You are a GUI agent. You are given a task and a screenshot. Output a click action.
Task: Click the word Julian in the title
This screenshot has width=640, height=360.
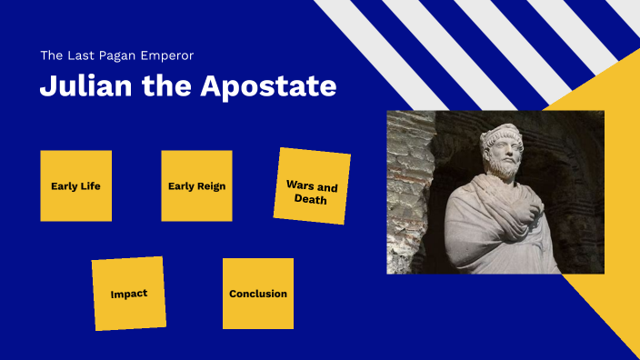(x=80, y=87)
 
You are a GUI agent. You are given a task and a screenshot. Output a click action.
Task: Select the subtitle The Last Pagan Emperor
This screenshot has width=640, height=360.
(x=116, y=55)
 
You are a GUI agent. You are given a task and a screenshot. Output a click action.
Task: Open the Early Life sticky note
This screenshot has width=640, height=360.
(x=75, y=185)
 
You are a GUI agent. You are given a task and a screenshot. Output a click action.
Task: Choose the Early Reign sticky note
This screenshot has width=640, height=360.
(x=196, y=185)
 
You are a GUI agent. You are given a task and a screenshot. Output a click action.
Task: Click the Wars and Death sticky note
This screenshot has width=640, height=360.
(x=312, y=186)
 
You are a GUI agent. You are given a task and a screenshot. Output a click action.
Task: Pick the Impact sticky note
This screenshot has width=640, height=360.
(x=128, y=294)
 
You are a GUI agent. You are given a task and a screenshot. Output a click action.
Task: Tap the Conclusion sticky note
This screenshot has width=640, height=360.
(x=258, y=294)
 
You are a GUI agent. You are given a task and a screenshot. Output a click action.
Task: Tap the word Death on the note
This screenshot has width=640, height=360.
(x=311, y=199)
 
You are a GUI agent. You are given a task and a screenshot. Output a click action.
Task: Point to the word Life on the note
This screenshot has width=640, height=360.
(x=89, y=186)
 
